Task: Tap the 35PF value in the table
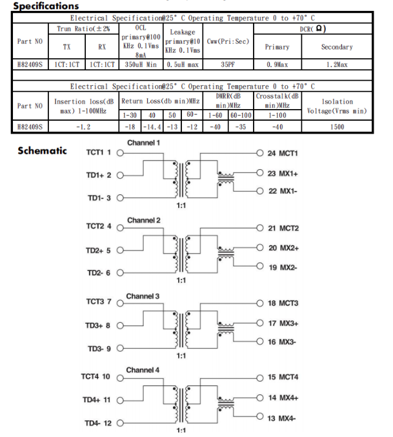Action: pyautogui.click(x=227, y=65)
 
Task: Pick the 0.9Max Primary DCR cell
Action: pyautogui.click(x=277, y=65)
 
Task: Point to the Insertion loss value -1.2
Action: pyautogui.click(x=83, y=127)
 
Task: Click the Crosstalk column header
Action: pyautogui.click(x=277, y=101)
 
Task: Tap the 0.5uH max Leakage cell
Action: pyautogui.click(x=183, y=65)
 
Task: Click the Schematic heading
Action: pyautogui.click(x=42, y=150)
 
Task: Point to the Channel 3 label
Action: pyautogui.click(x=143, y=296)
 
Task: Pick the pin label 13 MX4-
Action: pyautogui.click(x=282, y=419)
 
